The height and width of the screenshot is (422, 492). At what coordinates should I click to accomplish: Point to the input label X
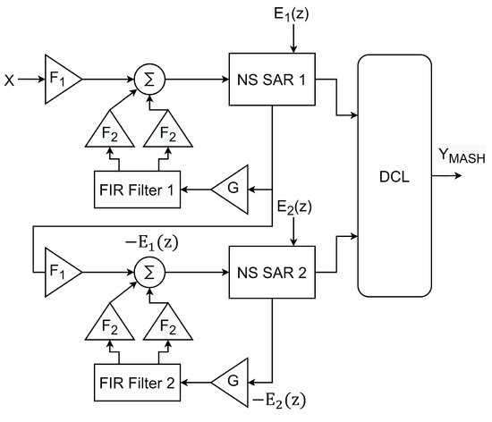(x=10, y=80)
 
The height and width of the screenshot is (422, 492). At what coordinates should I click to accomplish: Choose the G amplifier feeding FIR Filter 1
(x=229, y=190)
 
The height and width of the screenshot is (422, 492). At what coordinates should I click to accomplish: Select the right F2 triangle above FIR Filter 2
(x=165, y=326)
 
